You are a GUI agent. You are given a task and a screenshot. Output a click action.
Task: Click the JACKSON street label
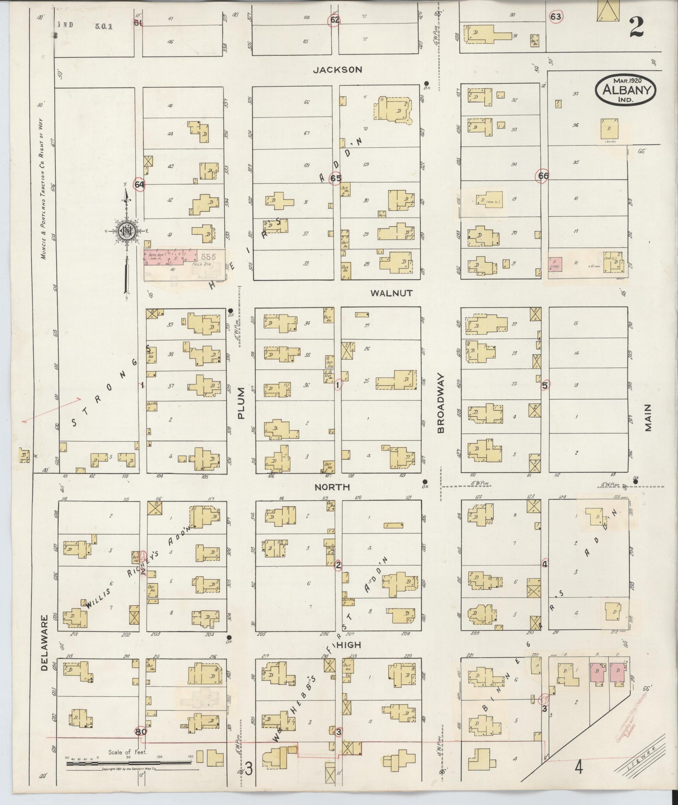coord(337,70)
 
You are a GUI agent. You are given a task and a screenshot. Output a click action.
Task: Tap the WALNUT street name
coord(391,293)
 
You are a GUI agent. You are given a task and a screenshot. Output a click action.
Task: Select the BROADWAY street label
coord(440,403)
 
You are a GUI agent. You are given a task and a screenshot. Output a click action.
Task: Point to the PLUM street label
coord(241,403)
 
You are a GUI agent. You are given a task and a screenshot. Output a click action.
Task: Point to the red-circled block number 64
coord(139,185)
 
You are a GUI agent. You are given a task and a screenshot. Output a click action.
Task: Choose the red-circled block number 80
coord(140,731)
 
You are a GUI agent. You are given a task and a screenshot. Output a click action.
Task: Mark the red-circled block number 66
coord(543,176)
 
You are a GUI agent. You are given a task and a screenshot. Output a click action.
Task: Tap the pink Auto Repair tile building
coord(169,257)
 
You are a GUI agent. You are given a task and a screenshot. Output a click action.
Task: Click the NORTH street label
coord(332,488)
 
